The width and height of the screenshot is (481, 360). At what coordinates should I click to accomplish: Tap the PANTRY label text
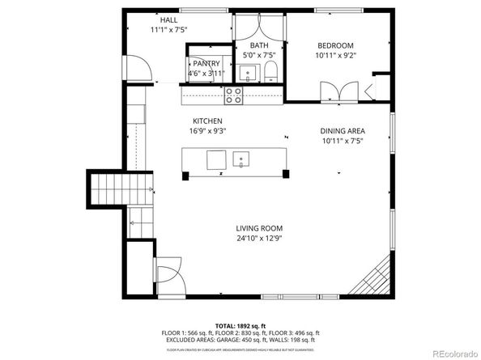206,63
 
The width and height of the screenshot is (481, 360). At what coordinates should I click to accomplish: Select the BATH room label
259,45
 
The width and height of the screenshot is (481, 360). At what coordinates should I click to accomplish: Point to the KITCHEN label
207,121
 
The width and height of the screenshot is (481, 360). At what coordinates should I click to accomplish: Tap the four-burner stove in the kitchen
233,95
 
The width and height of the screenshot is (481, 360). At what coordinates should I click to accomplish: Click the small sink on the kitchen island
240,159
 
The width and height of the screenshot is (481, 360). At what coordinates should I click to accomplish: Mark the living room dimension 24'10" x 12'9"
258,238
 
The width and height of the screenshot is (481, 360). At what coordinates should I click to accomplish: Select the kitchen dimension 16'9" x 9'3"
207,131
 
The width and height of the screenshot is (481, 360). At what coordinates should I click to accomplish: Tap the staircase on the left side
110,190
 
